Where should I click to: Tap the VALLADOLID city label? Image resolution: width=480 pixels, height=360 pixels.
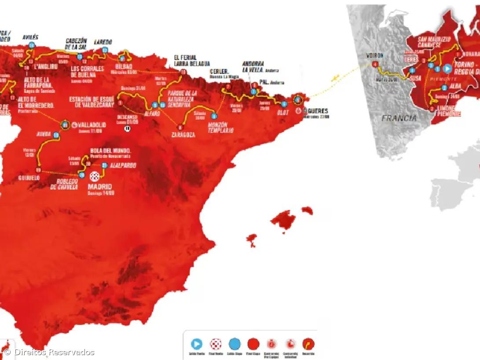coord(92,125)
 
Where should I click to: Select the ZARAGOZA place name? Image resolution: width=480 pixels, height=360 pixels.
coord(183,135)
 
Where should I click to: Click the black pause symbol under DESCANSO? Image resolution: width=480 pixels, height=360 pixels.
coord(128,129)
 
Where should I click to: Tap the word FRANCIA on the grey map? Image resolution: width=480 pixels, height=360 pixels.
coord(399,118)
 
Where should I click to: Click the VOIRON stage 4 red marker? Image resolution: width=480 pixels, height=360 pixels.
coord(375,64)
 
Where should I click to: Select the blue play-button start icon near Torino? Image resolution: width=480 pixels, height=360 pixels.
coord(447,69)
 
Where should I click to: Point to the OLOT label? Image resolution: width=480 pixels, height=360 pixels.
coord(282,113)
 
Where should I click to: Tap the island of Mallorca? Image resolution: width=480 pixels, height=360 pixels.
coord(283,220)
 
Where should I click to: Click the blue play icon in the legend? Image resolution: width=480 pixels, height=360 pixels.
coord(197,344)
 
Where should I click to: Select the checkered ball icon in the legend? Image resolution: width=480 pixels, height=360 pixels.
coord(215,344)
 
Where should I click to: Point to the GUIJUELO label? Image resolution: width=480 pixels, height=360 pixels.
coord(30,178)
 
